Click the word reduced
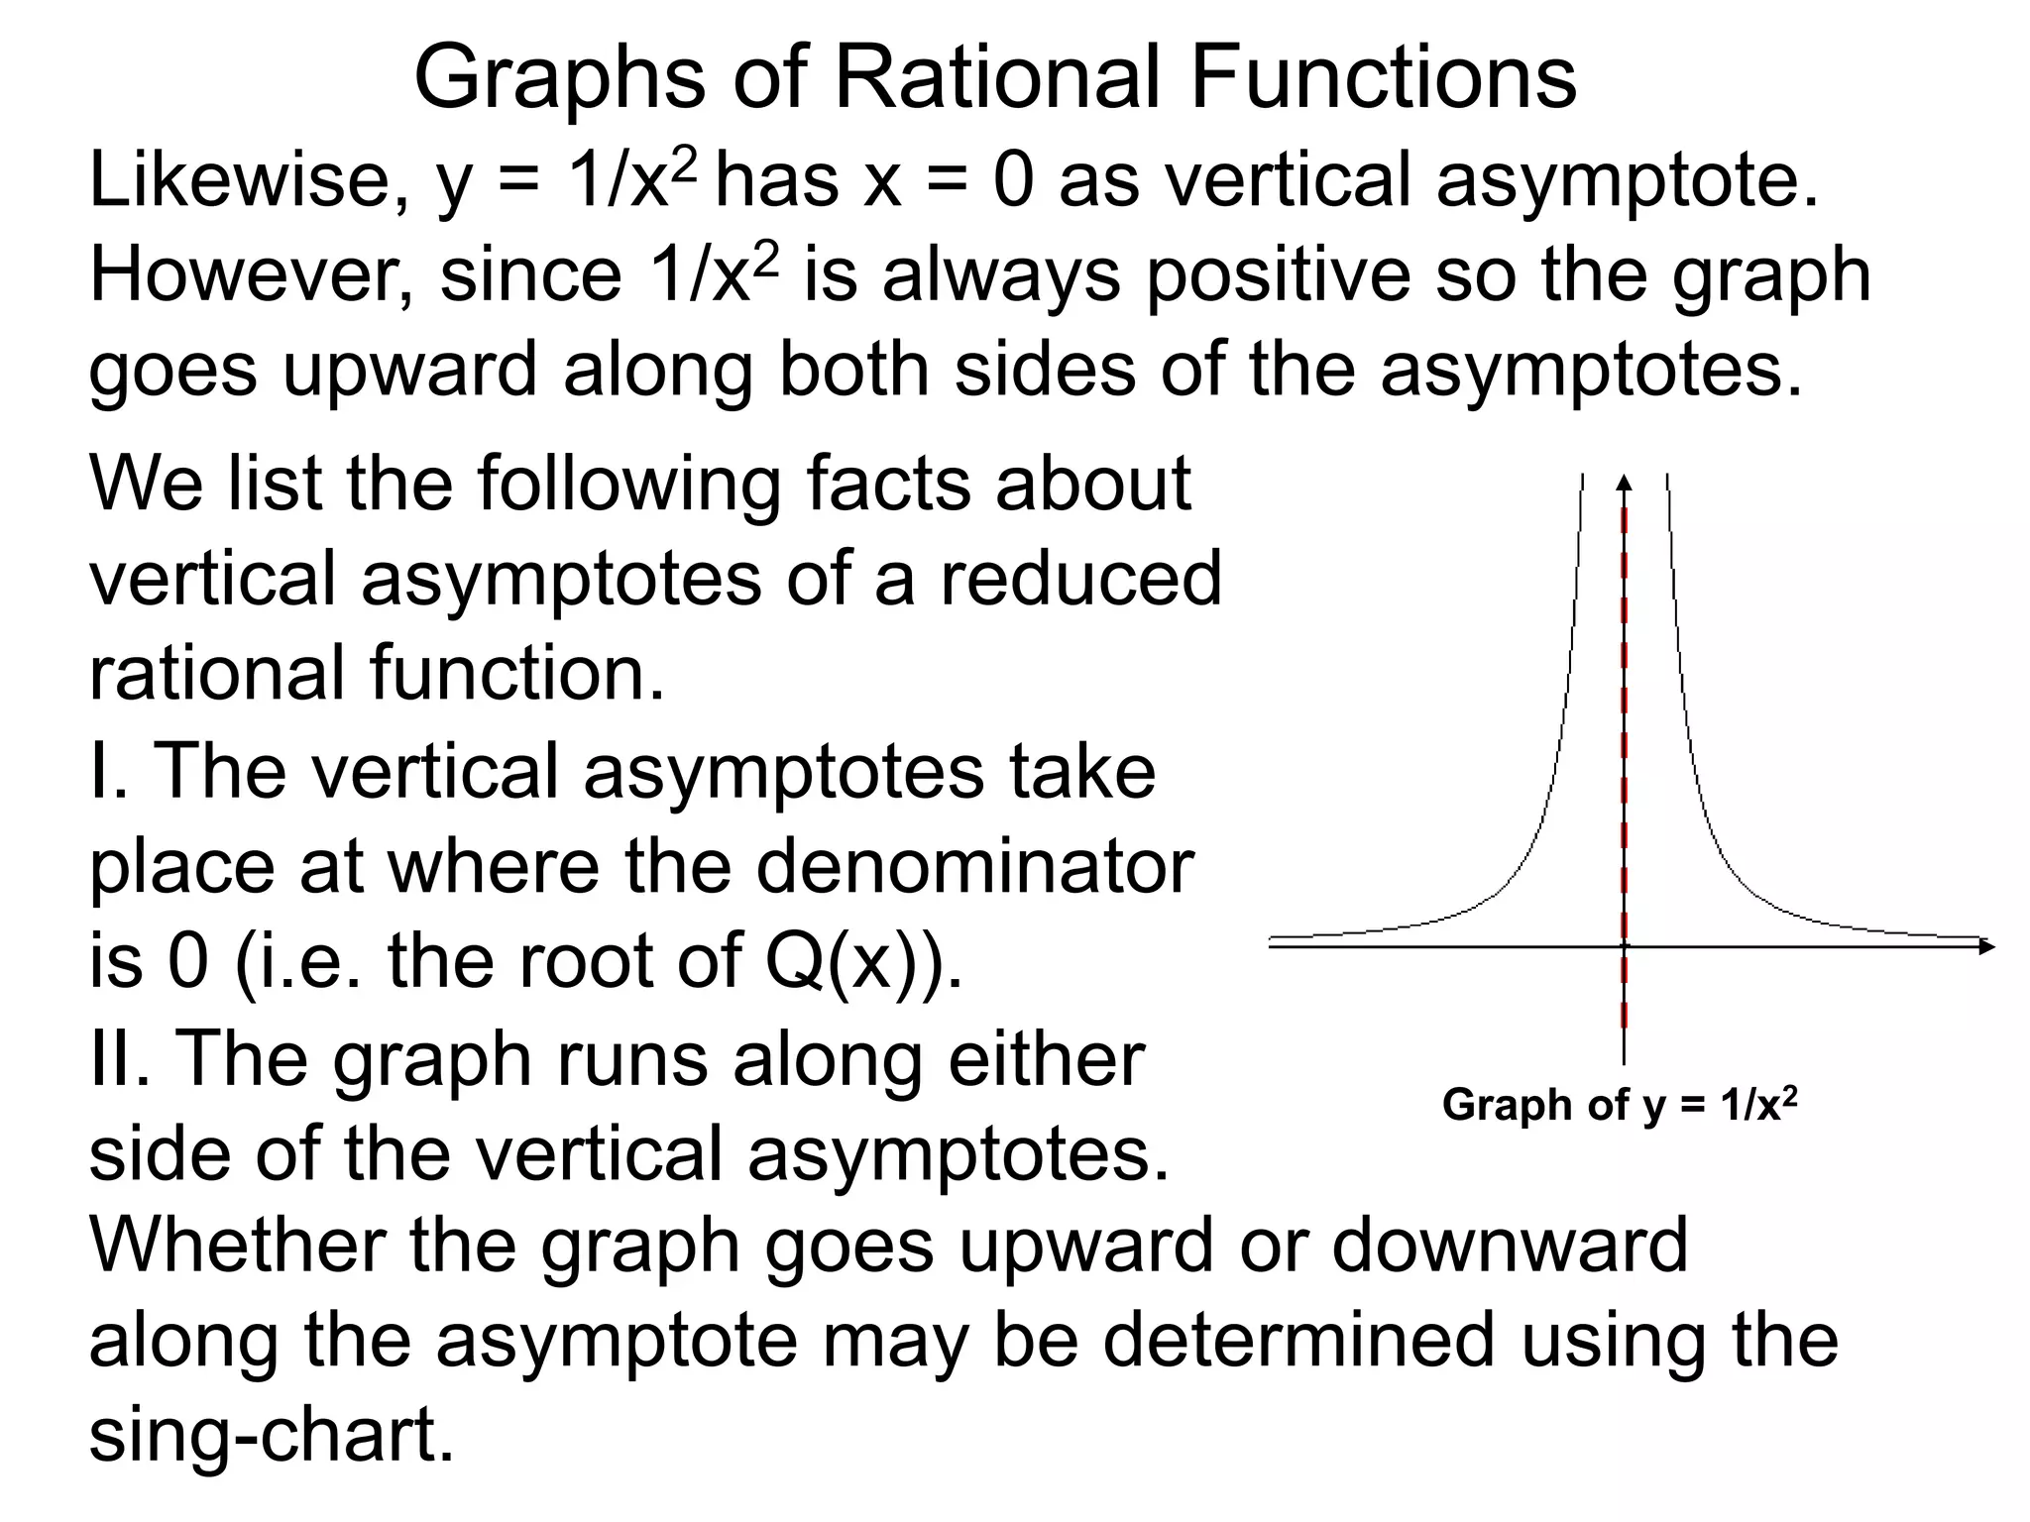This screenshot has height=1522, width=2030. coord(1080,579)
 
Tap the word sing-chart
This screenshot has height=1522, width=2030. coord(272,1437)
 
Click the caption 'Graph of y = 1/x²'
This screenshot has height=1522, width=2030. coord(1620,1105)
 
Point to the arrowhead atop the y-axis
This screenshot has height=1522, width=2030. coord(1624,483)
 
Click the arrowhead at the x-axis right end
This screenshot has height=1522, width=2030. coord(1985,946)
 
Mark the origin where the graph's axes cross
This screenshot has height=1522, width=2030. coord(1624,946)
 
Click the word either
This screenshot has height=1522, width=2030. coord(1046,1058)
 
